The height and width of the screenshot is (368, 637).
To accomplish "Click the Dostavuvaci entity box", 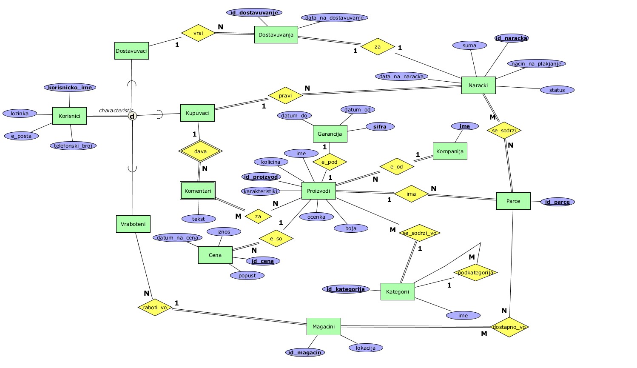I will [x=131, y=51].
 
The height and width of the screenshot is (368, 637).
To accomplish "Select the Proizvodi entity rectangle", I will [x=318, y=191].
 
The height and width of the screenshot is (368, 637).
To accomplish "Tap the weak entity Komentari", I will [x=198, y=191].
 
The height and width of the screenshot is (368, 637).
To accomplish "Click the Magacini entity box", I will [x=324, y=327].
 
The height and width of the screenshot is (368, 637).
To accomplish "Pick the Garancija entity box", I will [x=330, y=134].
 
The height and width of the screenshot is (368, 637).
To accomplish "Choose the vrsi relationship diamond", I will [x=198, y=33].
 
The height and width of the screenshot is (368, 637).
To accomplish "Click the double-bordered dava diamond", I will [x=200, y=151].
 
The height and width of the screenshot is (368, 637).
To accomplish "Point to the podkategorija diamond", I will [x=475, y=272].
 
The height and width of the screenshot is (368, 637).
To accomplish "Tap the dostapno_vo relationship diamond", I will [x=509, y=327].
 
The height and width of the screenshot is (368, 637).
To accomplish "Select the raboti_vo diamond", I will [x=155, y=307].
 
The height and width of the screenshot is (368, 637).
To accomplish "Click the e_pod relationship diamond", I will [x=330, y=162].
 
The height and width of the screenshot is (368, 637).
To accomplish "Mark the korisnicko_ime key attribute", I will [x=70, y=88].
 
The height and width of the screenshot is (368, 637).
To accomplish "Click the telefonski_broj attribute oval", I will [x=73, y=145].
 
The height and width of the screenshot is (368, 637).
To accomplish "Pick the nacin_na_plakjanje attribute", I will [x=536, y=64].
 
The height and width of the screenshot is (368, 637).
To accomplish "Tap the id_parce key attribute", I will [x=557, y=202].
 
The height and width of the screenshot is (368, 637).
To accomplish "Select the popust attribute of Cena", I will [x=247, y=275].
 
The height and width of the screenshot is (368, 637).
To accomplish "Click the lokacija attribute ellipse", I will [x=365, y=348].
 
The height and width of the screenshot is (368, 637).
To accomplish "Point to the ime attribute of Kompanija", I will [x=465, y=126].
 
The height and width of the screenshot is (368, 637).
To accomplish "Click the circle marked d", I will [x=132, y=116].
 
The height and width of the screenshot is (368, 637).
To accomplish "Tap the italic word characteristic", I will [x=116, y=111].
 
